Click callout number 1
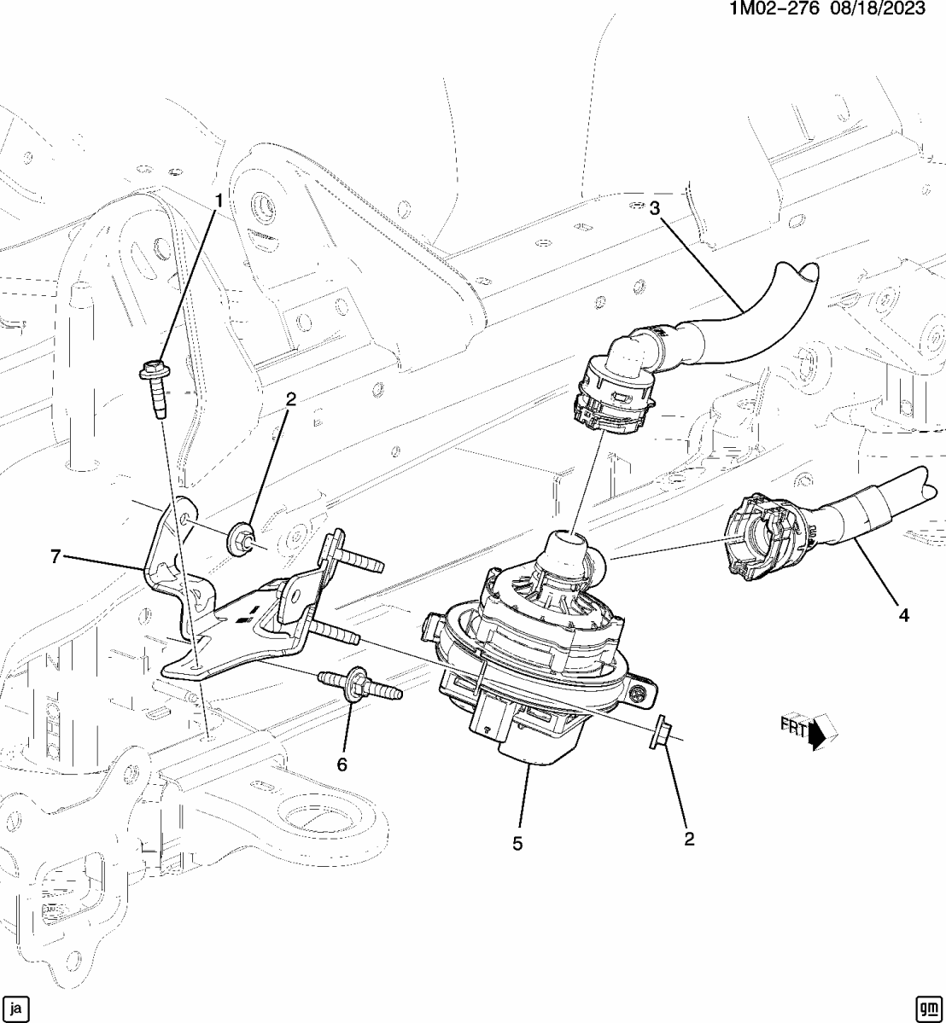[x=218, y=201]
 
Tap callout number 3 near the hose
[x=655, y=209]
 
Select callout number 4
[x=902, y=613]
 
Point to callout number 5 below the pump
[x=517, y=844]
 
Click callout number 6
[x=342, y=765]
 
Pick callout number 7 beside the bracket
[x=55, y=557]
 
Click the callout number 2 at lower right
[x=689, y=839]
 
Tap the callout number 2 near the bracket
[x=290, y=399]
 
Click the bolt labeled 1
[x=155, y=389]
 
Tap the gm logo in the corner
[x=926, y=1007]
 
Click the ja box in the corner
[x=18, y=1007]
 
